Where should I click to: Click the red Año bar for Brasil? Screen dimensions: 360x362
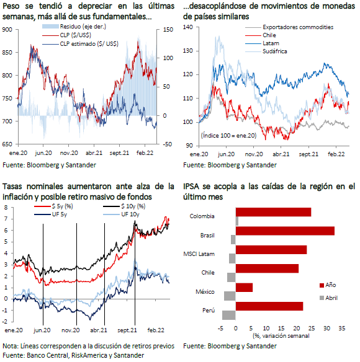click(x=285, y=231)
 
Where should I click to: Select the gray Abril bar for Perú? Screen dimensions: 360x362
click(x=229, y=315)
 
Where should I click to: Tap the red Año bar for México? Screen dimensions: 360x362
click(x=244, y=288)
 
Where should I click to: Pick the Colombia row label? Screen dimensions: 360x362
click(x=202, y=216)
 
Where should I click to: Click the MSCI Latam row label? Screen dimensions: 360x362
click(x=199, y=254)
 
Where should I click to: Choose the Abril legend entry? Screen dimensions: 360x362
click(x=328, y=298)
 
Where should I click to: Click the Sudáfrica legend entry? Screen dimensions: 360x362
click(x=266, y=51)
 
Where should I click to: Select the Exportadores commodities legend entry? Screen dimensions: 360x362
click(x=289, y=27)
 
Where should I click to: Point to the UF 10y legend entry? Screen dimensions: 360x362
click(x=121, y=214)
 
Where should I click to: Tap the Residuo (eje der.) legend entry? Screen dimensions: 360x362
click(x=74, y=27)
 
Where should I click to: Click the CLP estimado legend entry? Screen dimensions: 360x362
click(x=80, y=44)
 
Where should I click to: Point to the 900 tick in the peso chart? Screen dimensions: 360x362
click(x=7, y=30)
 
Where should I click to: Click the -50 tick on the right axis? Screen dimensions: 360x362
click(x=168, y=144)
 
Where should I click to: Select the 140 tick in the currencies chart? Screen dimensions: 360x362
click(x=187, y=27)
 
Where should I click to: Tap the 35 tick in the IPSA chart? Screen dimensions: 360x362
click(x=342, y=328)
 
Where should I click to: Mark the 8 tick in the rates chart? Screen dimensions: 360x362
click(x=6, y=207)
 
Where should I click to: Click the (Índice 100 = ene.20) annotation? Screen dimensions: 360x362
click(x=228, y=135)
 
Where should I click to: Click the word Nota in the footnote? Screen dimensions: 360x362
click(x=10, y=346)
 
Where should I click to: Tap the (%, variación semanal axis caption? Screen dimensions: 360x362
click(x=281, y=336)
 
